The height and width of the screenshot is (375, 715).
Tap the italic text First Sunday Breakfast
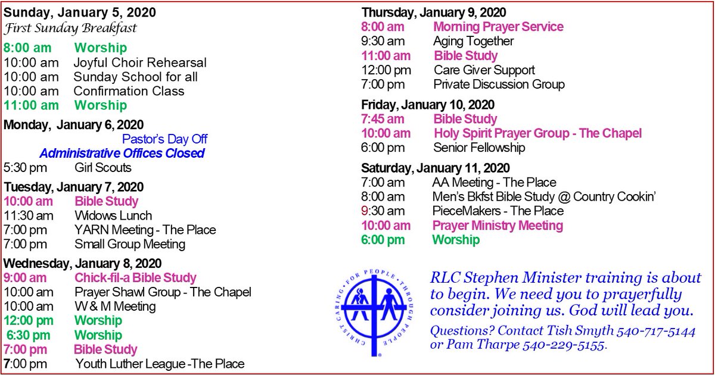tap(70, 29)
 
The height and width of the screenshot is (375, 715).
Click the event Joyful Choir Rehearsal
tap(140, 62)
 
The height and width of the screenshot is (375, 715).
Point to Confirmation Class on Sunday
tap(129, 91)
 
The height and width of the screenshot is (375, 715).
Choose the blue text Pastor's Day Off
tap(165, 139)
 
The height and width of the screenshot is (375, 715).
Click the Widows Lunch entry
tap(113, 215)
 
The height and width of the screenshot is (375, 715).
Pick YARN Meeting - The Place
tap(145, 230)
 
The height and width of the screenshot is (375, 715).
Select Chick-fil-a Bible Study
tap(135, 277)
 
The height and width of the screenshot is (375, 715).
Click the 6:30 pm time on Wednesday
tap(29, 335)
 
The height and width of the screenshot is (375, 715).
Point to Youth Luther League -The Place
tap(160, 364)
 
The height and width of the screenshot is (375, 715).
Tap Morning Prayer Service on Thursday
tap(498, 27)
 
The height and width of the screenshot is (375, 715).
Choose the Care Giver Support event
tap(484, 70)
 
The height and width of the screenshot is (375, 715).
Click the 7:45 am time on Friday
tap(386, 119)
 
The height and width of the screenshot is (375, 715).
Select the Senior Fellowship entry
tap(479, 148)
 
